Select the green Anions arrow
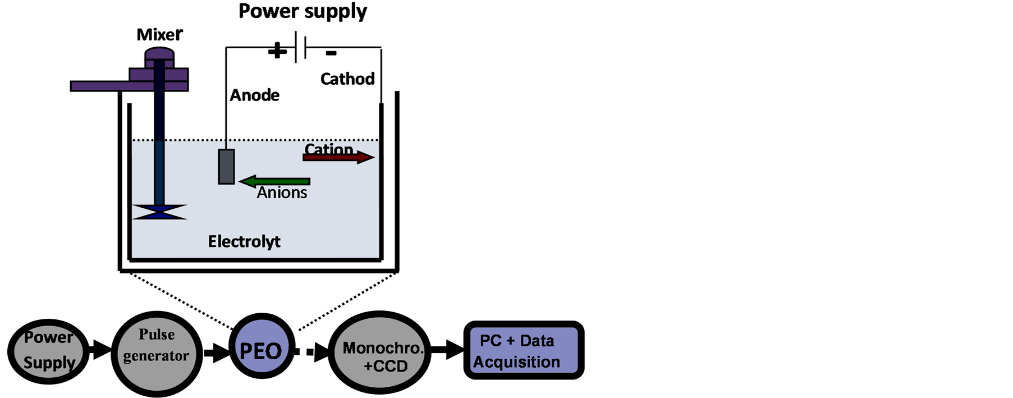click(275, 181)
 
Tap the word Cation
click(329, 148)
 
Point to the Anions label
click(282, 193)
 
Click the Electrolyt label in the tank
click(244, 242)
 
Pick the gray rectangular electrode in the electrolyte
click(226, 167)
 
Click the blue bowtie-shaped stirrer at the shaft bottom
click(159, 212)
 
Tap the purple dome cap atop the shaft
click(159, 54)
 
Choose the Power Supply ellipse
click(48, 351)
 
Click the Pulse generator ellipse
click(157, 354)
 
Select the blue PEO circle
click(262, 346)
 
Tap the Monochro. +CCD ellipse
click(379, 353)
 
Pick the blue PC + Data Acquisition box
click(524, 350)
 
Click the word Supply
click(49, 363)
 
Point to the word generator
click(156, 356)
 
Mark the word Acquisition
click(516, 362)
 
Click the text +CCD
click(386, 367)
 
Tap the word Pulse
click(157, 335)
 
